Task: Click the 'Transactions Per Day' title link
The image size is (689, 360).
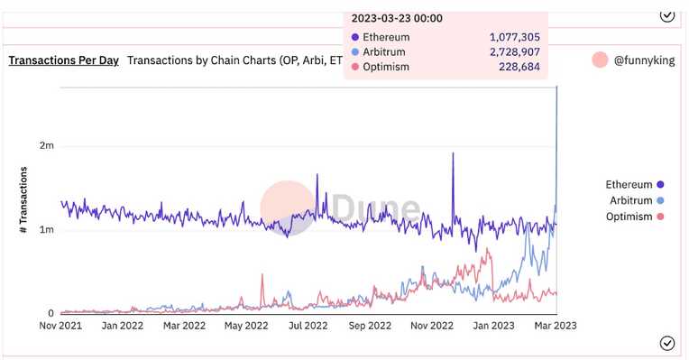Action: tap(63, 60)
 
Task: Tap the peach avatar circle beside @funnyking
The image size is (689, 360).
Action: tap(600, 60)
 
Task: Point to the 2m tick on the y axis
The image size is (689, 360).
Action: tap(46, 145)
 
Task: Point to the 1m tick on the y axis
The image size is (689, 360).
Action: tap(46, 230)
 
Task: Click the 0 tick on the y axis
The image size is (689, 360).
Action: tap(51, 313)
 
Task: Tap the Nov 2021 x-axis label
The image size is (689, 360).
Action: tap(62, 326)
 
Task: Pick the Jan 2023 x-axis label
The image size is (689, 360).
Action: tap(494, 326)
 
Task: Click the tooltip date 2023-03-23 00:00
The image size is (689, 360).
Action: tap(397, 18)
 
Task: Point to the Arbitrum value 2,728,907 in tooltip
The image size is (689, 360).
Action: tap(514, 52)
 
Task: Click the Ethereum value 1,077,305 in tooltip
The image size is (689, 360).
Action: tap(514, 37)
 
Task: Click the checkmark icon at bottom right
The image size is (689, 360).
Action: tap(666, 343)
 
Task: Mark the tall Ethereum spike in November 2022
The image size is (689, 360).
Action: tap(452, 155)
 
